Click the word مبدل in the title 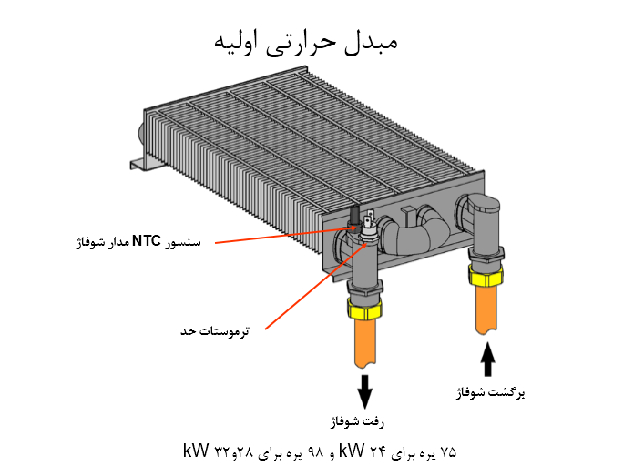click(x=370, y=41)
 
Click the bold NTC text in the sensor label click(x=147, y=241)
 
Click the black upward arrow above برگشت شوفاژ click(x=487, y=359)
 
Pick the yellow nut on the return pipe click(x=484, y=275)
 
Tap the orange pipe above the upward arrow click(x=486, y=309)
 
